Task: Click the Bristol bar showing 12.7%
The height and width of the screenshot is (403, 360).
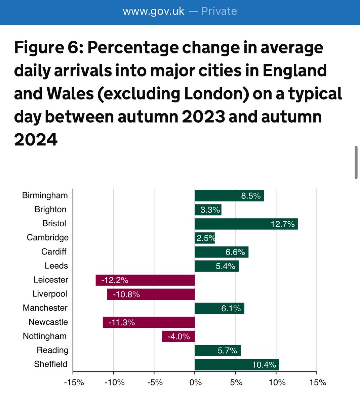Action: pyautogui.click(x=246, y=224)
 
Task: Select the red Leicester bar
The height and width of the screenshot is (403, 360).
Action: pyautogui.click(x=145, y=280)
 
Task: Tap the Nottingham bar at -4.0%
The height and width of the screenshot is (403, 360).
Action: pyautogui.click(x=178, y=337)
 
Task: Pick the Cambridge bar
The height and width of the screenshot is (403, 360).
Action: pyautogui.click(x=205, y=238)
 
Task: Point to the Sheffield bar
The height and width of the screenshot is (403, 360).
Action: pyautogui.click(x=237, y=365)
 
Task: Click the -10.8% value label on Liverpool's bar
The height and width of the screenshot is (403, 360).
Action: pyautogui.click(x=126, y=295)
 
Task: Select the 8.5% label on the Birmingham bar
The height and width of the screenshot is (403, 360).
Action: pyautogui.click(x=251, y=196)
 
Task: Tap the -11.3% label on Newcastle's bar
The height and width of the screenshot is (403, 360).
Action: pyautogui.click(x=122, y=323)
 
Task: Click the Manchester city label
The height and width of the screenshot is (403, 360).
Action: pyautogui.click(x=45, y=308)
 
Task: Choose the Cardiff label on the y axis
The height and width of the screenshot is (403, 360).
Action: pyautogui.click(x=54, y=252)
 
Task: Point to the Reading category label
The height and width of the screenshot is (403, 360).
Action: pyautogui.click(x=52, y=350)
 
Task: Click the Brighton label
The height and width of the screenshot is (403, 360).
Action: pyautogui.click(x=50, y=210)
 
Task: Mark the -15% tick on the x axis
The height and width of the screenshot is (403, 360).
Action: pyautogui.click(x=74, y=383)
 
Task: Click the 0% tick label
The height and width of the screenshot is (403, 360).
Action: pyautogui.click(x=196, y=383)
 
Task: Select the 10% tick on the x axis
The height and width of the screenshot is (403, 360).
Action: pyautogui.click(x=277, y=383)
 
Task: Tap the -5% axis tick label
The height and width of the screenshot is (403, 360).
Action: pyautogui.click(x=155, y=383)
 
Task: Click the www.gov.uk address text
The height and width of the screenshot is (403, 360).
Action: pyautogui.click(x=154, y=11)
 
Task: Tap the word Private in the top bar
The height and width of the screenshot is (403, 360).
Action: pyautogui.click(x=219, y=11)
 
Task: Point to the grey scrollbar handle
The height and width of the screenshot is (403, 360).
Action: pyautogui.click(x=356, y=163)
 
